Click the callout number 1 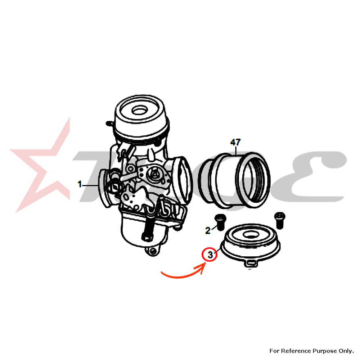pyautogui.click(x=80, y=184)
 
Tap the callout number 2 pyautogui.click(x=208, y=230)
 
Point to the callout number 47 pyautogui.click(x=235, y=142)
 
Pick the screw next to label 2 pyautogui.click(x=220, y=222)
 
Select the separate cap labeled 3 pyautogui.click(x=250, y=243)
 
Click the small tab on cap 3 pyautogui.click(x=251, y=263)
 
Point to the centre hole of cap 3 pyautogui.click(x=251, y=235)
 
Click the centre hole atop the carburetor pyautogui.click(x=140, y=111)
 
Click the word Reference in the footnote pyautogui.click(x=296, y=351)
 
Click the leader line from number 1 pyautogui.click(x=90, y=185)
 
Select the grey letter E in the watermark pyautogui.click(x=319, y=177)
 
